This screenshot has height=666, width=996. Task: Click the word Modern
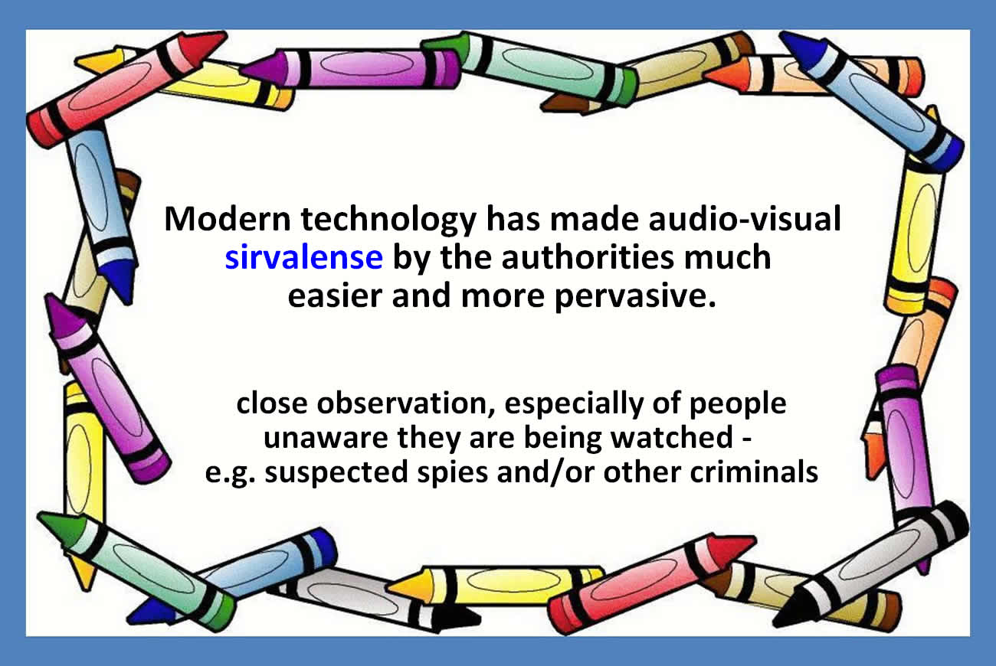tap(228, 219)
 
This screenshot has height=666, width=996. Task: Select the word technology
tap(388, 220)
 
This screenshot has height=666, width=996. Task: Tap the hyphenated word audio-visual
tap(745, 218)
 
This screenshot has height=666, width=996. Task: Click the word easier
tap(335, 296)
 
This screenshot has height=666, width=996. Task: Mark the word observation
tap(405, 403)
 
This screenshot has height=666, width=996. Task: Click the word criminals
tap(754, 471)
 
